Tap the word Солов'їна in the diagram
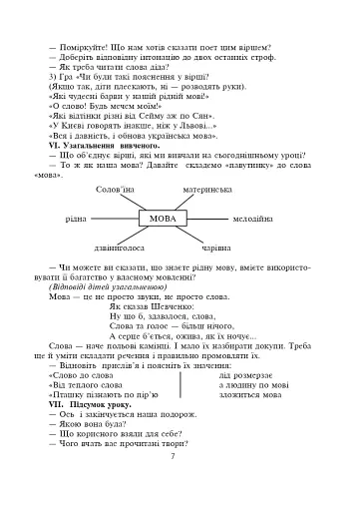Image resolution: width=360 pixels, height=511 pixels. coord(114,187)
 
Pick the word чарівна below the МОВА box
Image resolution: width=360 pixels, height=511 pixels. coord(217,246)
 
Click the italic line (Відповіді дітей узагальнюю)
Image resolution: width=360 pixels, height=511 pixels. coord(103,288)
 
